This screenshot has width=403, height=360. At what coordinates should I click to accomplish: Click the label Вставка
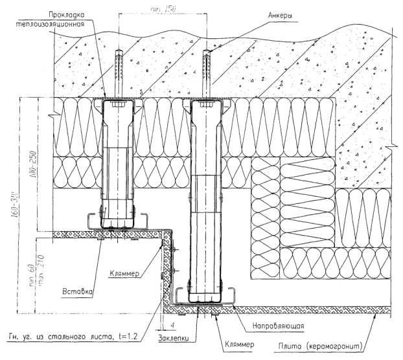[x=78, y=291]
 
